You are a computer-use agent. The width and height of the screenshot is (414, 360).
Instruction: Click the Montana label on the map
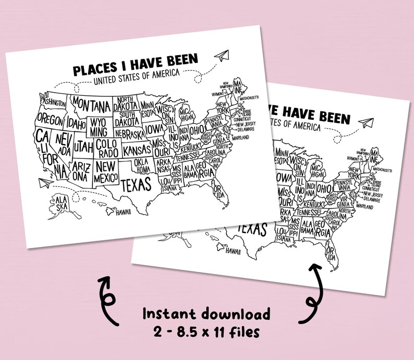pos(94,104)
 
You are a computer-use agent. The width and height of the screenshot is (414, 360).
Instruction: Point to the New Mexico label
pos(105,172)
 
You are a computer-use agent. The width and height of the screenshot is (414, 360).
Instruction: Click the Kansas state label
pos(137,151)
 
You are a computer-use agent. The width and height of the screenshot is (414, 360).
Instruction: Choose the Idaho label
pos(75,125)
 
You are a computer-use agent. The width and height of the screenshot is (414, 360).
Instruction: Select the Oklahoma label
pos(142,166)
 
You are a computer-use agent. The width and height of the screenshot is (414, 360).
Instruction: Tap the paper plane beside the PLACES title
pos(222,55)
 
